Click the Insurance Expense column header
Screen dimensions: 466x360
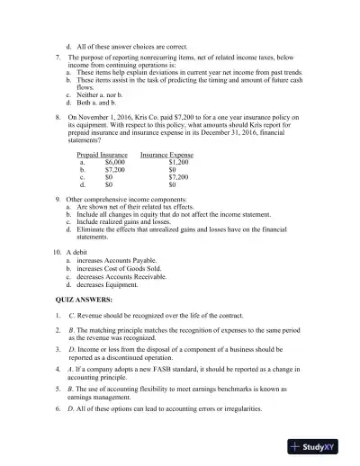click(x=167, y=155)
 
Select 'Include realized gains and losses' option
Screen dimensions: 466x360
click(x=121, y=222)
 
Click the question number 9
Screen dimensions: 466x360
click(x=58, y=199)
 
